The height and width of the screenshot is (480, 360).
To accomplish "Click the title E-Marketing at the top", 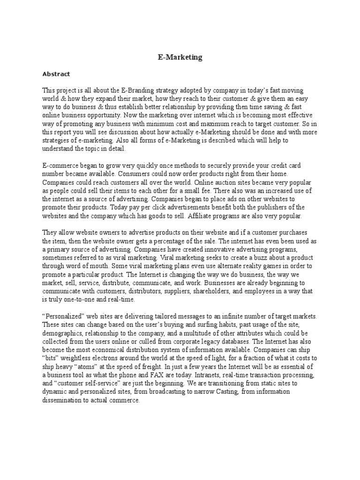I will point(180,57).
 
